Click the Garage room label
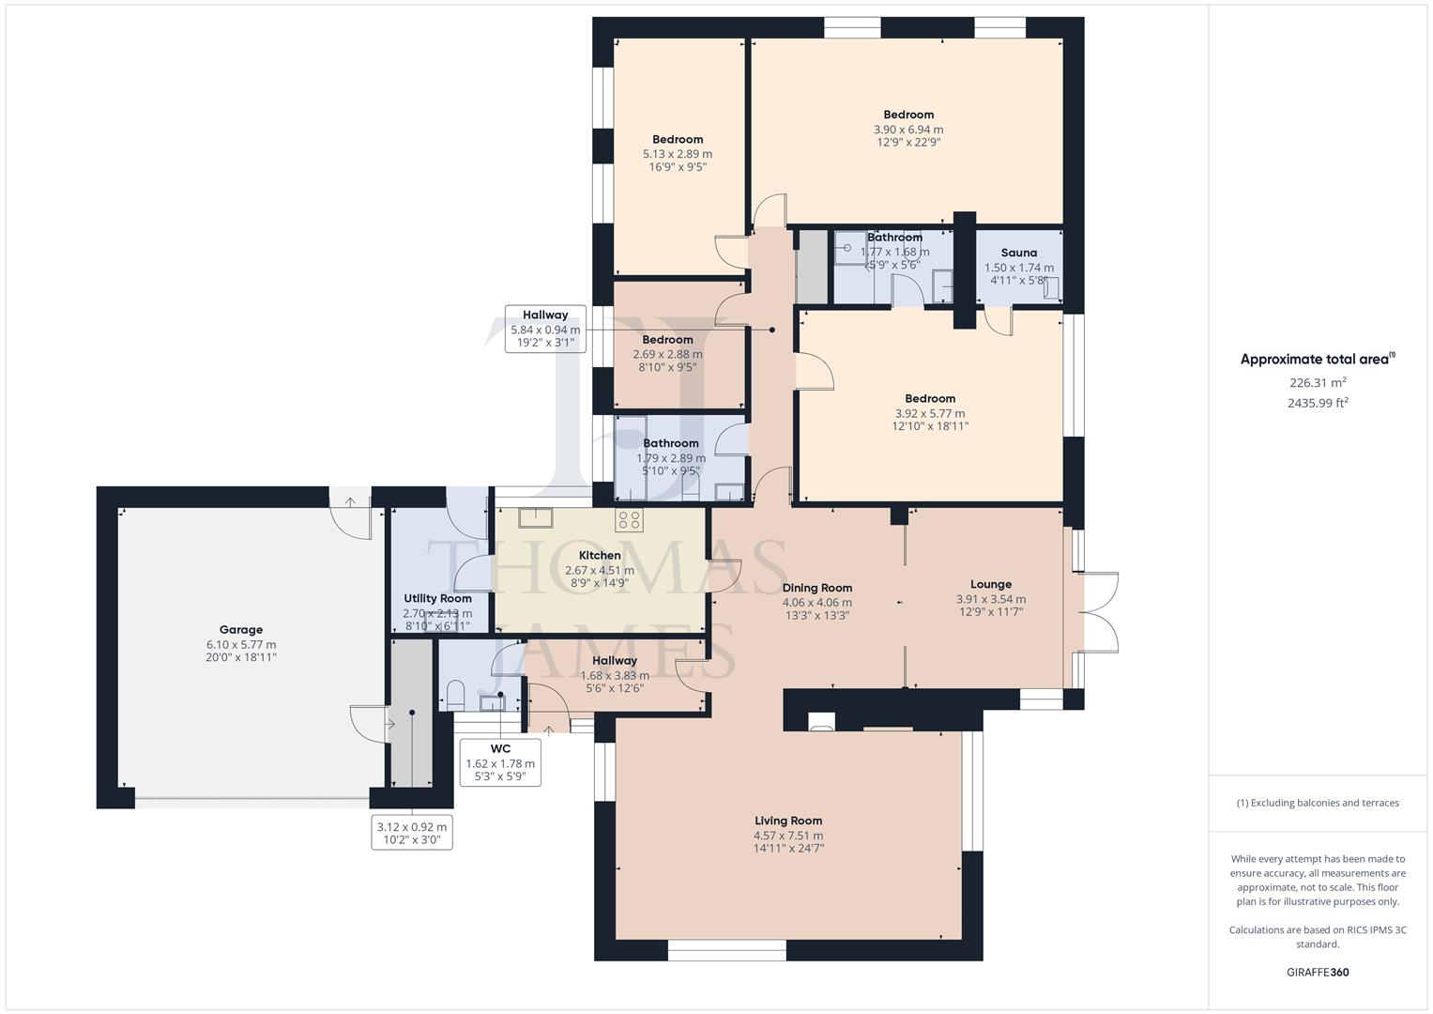(x=241, y=630)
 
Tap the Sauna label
(x=1018, y=253)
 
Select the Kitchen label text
(x=600, y=555)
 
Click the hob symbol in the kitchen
(x=629, y=519)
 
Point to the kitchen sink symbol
(x=536, y=517)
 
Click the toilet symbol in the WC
(x=455, y=696)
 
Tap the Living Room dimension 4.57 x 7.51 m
(x=788, y=835)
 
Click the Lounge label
(x=990, y=584)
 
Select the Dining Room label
(x=816, y=588)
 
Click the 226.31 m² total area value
(x=1318, y=383)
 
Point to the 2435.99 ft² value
(x=1318, y=403)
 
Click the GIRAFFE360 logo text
(x=1318, y=972)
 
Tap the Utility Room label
(x=437, y=598)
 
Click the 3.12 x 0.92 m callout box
(x=413, y=833)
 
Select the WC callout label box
(x=500, y=761)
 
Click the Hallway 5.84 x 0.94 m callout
(x=545, y=329)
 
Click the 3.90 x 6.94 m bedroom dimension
(x=907, y=130)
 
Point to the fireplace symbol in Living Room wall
(x=821, y=721)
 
